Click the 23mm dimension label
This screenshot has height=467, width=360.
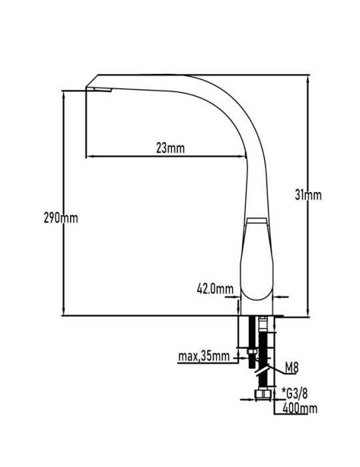pos(170,148)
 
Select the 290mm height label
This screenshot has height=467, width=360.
pos(61,217)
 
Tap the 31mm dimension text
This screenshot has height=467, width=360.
pos(308,195)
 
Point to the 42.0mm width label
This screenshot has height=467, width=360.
pos(215,289)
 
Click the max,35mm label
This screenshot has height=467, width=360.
pos(204,356)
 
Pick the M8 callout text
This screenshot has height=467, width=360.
pos(291,368)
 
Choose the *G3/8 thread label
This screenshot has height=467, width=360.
pos(295,394)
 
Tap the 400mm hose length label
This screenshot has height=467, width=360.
pos(299,408)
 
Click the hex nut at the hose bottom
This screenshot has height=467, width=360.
pos(263,394)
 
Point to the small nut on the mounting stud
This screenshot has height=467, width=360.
pos(252,352)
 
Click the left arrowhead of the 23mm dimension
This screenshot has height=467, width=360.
pos(89,156)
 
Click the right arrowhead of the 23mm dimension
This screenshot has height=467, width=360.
pos(243,156)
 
